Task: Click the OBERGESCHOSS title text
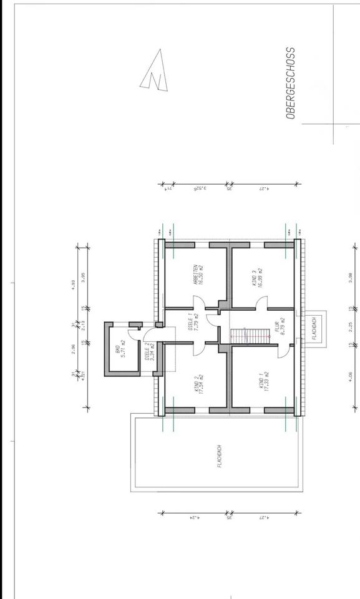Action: pyautogui.click(x=289, y=82)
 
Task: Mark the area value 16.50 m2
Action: pyautogui.click(x=202, y=274)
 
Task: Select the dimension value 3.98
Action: pyautogui.click(x=351, y=278)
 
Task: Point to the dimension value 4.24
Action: pyautogui.click(x=194, y=517)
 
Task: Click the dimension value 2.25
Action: pyautogui.click(x=351, y=326)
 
